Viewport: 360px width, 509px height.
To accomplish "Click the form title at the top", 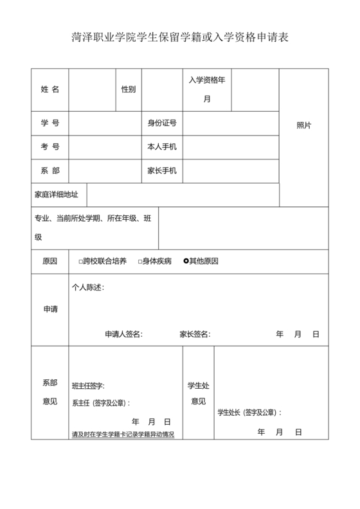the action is (x=180, y=37).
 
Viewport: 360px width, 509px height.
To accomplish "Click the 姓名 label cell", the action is (x=50, y=89).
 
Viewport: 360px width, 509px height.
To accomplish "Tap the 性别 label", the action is (x=129, y=89).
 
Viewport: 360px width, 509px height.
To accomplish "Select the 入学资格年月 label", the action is (x=207, y=89).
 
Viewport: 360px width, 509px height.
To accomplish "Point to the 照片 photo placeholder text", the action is (x=304, y=125).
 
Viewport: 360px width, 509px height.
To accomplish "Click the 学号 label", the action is (x=50, y=123).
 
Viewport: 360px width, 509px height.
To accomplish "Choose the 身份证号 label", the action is (x=162, y=123).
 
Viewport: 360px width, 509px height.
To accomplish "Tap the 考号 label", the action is (x=50, y=147).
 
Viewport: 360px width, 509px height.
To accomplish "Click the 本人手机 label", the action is (x=162, y=147).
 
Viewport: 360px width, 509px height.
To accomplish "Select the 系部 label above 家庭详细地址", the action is (x=50, y=170).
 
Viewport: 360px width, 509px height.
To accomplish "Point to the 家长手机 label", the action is (x=162, y=170).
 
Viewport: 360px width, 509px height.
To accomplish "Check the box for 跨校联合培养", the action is (x=81, y=262).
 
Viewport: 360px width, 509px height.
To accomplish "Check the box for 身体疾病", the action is (x=140, y=262).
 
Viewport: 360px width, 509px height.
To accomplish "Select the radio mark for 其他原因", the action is (x=186, y=262).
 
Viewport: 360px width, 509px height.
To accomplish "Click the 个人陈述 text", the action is (x=88, y=287).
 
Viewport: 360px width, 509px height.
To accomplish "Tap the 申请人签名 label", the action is (x=123, y=334).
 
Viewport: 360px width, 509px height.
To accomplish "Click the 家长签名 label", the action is (x=195, y=334).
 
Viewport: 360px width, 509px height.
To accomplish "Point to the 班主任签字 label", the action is (x=89, y=386).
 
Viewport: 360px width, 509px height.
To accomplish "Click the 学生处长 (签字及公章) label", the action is (x=250, y=413).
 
